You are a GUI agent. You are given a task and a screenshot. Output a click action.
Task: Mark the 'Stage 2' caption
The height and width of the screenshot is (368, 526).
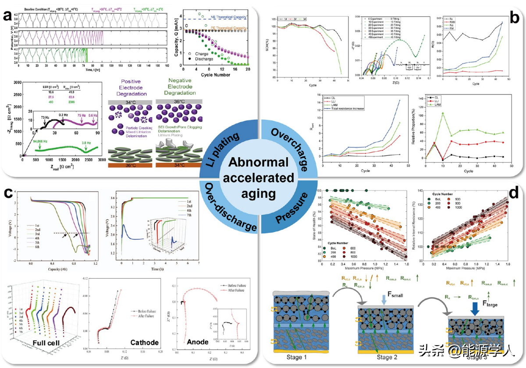coord(387,357)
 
